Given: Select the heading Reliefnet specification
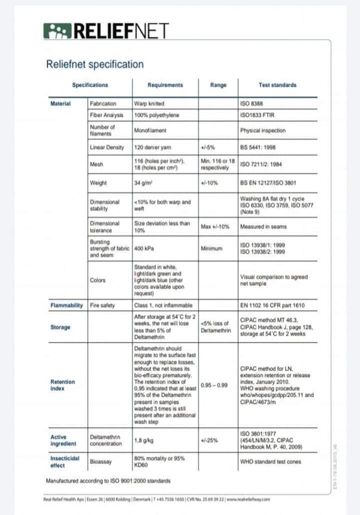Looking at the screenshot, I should (95, 65).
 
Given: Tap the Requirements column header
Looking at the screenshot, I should (165, 85).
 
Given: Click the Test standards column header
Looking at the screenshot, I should (277, 85).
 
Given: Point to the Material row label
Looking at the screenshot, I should (60, 103).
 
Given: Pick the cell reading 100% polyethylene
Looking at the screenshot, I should (156, 115).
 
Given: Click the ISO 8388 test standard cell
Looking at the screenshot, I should (251, 103).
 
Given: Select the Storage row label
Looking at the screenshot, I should (60, 327).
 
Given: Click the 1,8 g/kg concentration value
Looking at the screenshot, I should (142, 440).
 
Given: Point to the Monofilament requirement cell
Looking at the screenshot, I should (150, 130).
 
